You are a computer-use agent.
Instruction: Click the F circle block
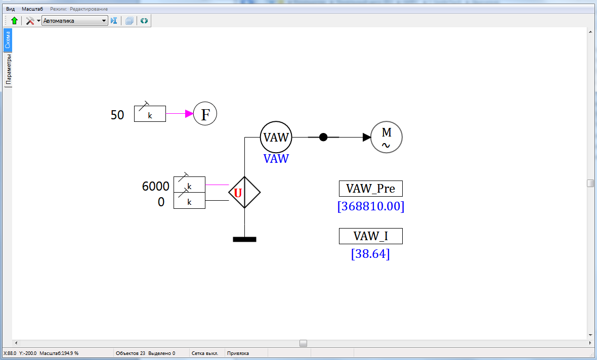pos(205,114)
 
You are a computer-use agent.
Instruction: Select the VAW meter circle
pos(276,137)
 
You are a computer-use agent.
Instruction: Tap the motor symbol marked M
pos(387,137)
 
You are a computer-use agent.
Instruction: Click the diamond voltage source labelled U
pos(244,192)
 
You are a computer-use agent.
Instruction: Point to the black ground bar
pos(244,239)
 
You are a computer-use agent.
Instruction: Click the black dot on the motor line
pos(323,137)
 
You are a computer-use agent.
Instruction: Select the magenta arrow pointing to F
pos(180,114)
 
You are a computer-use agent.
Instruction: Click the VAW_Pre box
pos(370,189)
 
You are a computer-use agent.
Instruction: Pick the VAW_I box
pos(370,236)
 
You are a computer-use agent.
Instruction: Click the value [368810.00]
pos(370,206)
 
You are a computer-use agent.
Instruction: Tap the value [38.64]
pos(370,254)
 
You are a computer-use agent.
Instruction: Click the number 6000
pos(155,186)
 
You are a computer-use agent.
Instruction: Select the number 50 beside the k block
pos(117,115)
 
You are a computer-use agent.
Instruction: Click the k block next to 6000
pos(189,185)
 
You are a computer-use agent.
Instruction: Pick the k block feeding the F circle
pos(150,114)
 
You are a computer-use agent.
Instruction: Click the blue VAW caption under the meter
pos(276,159)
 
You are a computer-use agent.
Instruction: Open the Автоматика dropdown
pos(75,21)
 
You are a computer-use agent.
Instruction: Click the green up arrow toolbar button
pos(14,21)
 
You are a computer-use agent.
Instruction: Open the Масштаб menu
pos(32,9)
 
